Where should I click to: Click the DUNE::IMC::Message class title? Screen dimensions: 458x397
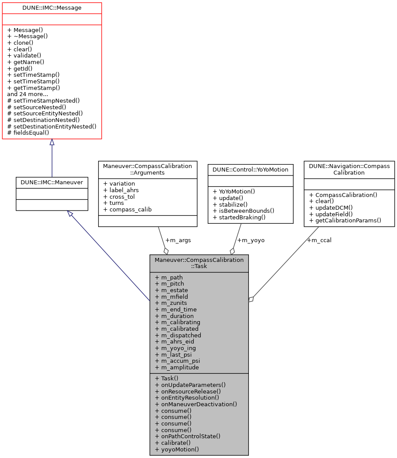[x=52, y=7]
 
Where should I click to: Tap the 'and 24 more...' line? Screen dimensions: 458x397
[x=28, y=94]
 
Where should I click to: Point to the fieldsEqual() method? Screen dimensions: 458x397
[x=28, y=132]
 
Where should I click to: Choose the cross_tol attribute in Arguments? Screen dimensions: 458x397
[x=118, y=197]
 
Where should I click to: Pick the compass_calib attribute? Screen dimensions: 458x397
[x=128, y=209]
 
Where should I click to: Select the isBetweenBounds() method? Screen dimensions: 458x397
[x=243, y=211]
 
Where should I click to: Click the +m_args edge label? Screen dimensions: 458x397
[x=178, y=240]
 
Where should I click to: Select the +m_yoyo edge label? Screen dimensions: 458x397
[x=251, y=240]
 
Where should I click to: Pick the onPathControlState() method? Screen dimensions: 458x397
[x=188, y=436]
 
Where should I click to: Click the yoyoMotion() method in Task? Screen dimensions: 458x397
[x=177, y=449]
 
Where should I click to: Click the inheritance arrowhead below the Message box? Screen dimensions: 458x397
[x=52, y=143]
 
